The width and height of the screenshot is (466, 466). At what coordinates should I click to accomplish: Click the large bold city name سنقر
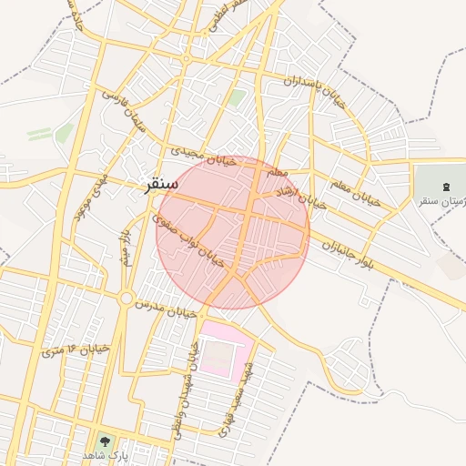[159, 184]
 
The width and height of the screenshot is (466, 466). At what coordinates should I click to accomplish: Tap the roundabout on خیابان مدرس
[126, 298]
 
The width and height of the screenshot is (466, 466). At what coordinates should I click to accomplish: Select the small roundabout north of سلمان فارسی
[185, 59]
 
